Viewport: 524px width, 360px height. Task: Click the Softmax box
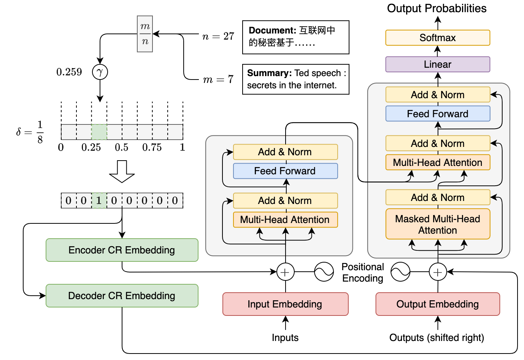click(x=437, y=38)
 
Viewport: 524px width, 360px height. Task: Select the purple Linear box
click(x=437, y=64)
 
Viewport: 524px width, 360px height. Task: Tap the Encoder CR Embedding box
click(x=122, y=250)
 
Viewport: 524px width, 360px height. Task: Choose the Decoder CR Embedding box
click(x=122, y=296)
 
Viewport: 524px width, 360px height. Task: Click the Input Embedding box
click(x=285, y=304)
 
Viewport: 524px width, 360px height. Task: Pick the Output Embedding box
click(x=437, y=304)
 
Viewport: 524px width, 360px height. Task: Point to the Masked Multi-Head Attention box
click(x=437, y=224)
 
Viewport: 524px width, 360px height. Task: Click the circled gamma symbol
click(x=100, y=72)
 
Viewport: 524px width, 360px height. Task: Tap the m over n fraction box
click(x=145, y=34)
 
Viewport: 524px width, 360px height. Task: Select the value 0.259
click(x=69, y=72)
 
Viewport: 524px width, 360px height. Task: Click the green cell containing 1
click(x=99, y=201)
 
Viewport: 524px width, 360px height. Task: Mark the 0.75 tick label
click(x=152, y=147)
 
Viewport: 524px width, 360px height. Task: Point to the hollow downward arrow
click(x=122, y=171)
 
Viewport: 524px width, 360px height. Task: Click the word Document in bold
click(x=272, y=30)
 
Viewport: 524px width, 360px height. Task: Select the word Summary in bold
click(x=269, y=73)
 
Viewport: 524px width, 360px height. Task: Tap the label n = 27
click(x=218, y=36)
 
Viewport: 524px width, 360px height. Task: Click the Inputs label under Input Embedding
click(x=285, y=338)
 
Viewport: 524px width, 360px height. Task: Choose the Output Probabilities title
click(x=437, y=8)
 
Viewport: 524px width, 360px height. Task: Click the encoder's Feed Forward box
click(x=285, y=171)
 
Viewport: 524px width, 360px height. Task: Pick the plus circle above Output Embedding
click(x=438, y=272)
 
